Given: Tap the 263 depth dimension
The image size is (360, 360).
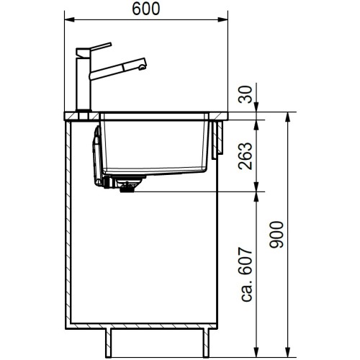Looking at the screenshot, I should (x=246, y=153).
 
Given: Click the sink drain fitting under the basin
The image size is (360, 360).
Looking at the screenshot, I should (x=128, y=187).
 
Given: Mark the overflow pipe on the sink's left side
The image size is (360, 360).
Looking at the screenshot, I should (x=94, y=158).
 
